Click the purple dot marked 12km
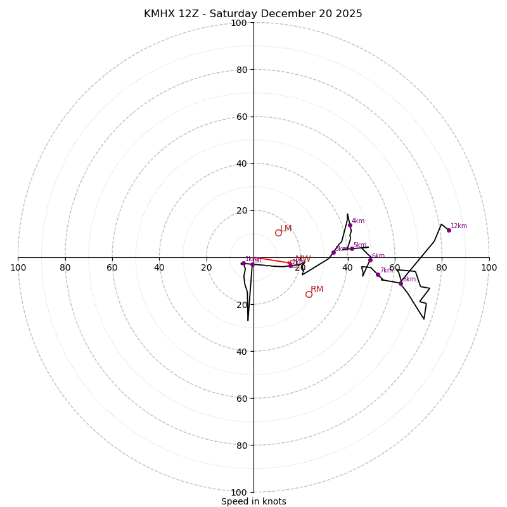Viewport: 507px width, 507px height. coord(449,230)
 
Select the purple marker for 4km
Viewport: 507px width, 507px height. coord(350,225)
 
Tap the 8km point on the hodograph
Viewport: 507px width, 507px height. coord(401,283)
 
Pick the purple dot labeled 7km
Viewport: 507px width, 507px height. coord(378,274)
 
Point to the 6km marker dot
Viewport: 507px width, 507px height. coord(370,260)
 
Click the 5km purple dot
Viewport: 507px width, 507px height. coord(352,248)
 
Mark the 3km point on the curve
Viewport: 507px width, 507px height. coord(333,252)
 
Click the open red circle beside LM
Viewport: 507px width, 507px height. coord(278,233)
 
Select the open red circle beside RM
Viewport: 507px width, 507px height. coord(309,294)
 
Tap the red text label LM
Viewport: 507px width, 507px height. coord(286,229)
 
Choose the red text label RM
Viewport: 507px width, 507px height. coord(317,290)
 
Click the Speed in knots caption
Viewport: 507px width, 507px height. coord(253,501)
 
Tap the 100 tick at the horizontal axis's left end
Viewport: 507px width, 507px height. coord(18,267)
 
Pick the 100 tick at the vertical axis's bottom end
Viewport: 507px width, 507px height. coord(238,492)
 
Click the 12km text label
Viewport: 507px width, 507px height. coord(459,226)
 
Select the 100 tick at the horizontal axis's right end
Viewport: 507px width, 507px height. coord(489,267)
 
